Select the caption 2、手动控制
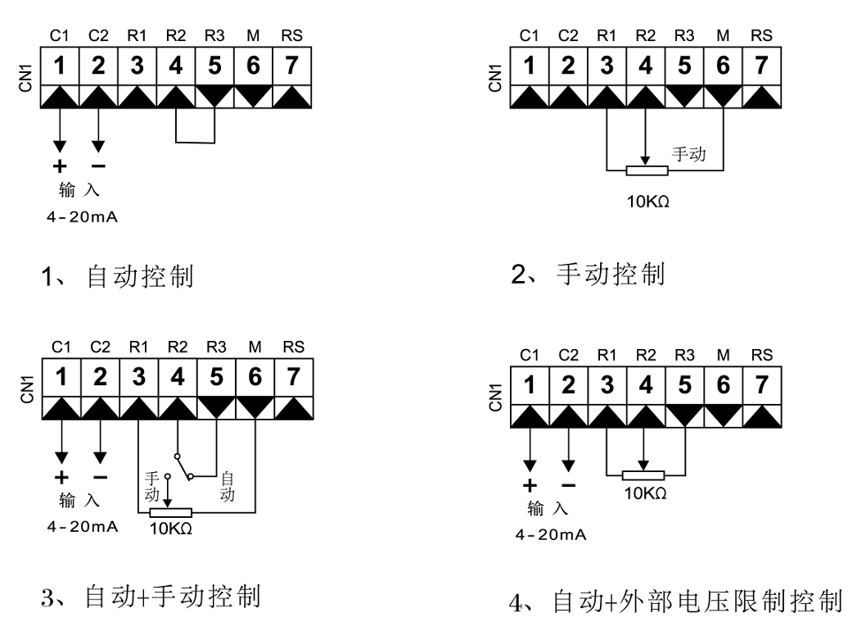588,274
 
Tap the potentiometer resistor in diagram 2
647,170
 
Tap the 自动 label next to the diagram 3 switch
228,486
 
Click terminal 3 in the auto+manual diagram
138,379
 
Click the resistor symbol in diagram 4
644,474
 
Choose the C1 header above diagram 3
61,347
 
